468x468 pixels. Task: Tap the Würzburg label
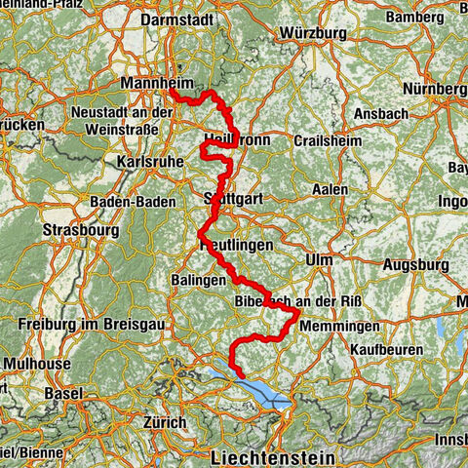tap(312, 32)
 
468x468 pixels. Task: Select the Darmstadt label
tap(176, 19)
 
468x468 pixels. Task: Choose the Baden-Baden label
tap(133, 201)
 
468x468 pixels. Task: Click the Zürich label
tap(163, 422)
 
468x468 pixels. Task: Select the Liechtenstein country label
tap(272, 456)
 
